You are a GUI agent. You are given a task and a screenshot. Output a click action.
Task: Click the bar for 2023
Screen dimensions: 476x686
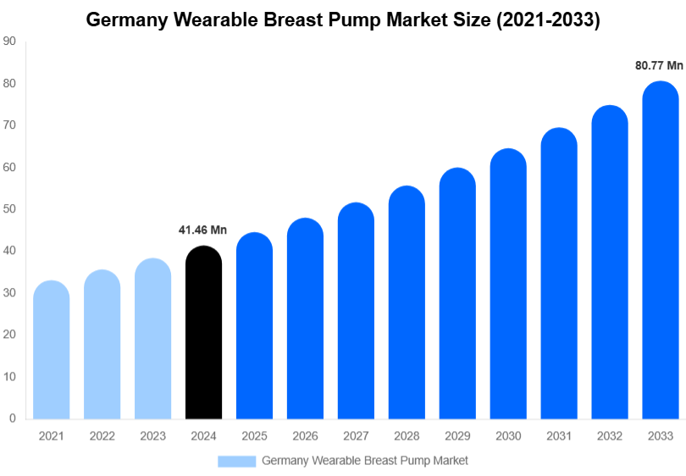pos(152,339)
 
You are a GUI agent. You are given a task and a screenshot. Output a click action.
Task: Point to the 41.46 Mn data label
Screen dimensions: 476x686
pos(202,230)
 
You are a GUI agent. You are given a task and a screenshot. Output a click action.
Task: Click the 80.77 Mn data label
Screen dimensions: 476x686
pos(659,65)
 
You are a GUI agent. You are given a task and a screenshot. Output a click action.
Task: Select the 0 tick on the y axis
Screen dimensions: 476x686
pos(12,418)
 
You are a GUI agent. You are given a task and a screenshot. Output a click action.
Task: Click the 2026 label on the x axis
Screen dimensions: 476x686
pos(305,435)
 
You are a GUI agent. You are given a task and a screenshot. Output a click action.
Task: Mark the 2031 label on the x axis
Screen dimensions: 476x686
pos(559,435)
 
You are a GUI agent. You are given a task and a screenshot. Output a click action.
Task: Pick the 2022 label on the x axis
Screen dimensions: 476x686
pos(102,435)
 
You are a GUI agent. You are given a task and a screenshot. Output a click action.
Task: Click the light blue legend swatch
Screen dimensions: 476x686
pos(236,461)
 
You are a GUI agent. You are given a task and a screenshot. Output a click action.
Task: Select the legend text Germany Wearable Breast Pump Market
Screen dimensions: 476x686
pos(365,461)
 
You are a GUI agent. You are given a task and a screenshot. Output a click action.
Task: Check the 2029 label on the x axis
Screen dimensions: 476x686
pos(457,435)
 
